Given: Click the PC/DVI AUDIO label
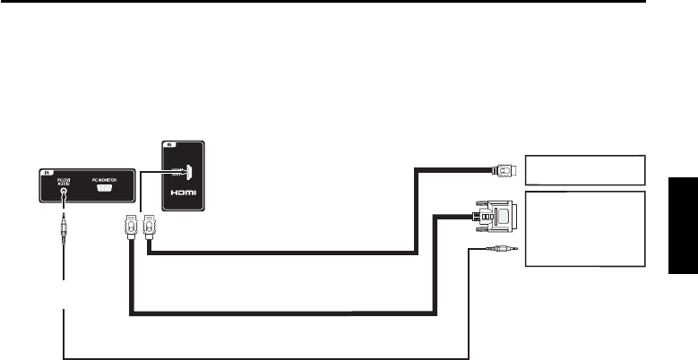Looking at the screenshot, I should click(63, 180).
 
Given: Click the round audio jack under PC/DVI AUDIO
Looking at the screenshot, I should click(63, 191).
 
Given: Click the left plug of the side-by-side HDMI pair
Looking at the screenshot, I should click(130, 228).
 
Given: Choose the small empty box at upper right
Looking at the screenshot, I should click(584, 167).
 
